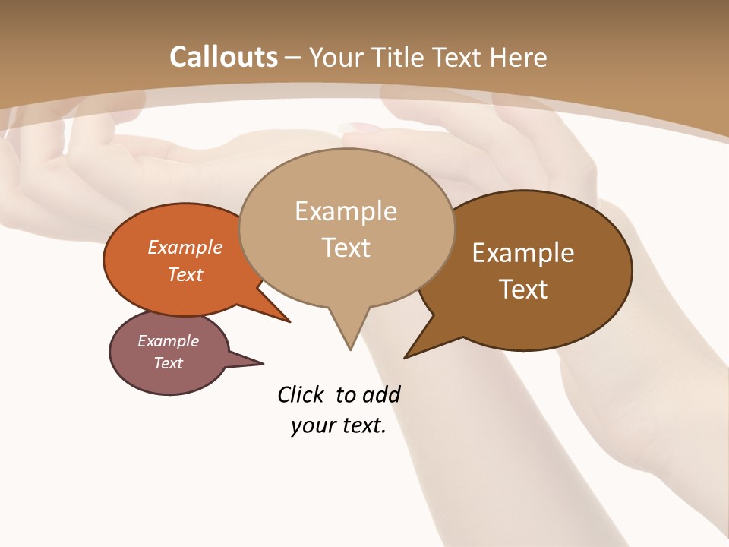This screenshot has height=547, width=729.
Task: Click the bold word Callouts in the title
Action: [223, 57]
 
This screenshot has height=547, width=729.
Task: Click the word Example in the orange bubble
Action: [185, 248]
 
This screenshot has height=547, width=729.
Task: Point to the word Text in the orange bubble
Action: [185, 275]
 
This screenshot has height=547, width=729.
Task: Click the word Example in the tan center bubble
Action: [346, 211]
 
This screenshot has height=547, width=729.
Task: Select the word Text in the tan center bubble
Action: [346, 248]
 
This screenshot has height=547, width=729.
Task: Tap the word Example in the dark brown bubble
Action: [523, 253]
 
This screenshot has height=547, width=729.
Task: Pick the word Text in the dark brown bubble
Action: [523, 289]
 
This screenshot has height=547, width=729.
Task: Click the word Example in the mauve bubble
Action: [169, 341]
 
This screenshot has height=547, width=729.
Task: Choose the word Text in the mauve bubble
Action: [169, 363]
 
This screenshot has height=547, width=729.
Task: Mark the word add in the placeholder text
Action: [381, 394]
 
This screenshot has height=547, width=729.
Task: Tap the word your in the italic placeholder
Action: [311, 425]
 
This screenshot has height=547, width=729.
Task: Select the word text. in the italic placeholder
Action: [361, 425]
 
